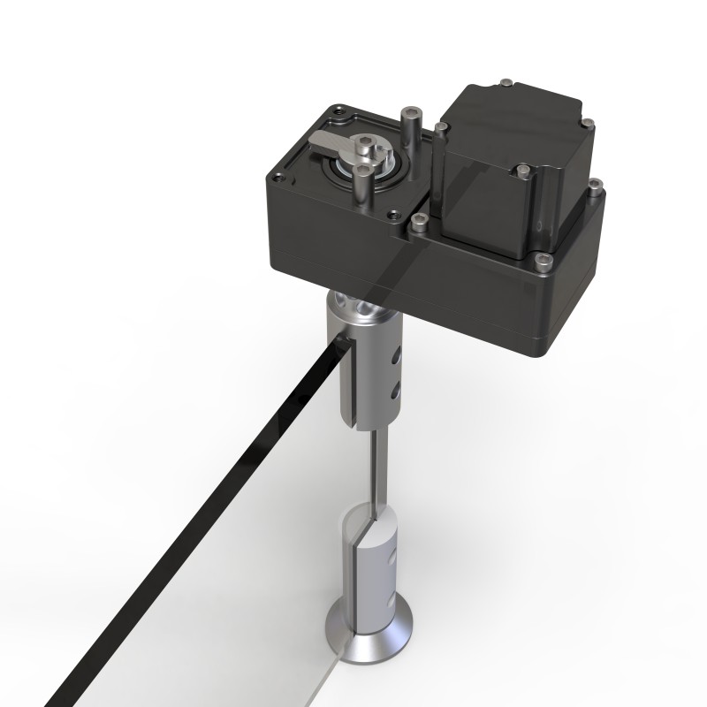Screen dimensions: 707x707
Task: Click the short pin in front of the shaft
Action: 361,186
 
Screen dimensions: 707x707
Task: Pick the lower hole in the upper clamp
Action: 394,388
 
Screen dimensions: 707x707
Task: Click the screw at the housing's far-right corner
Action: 595,186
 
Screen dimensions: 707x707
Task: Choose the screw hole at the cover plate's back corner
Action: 337,110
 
